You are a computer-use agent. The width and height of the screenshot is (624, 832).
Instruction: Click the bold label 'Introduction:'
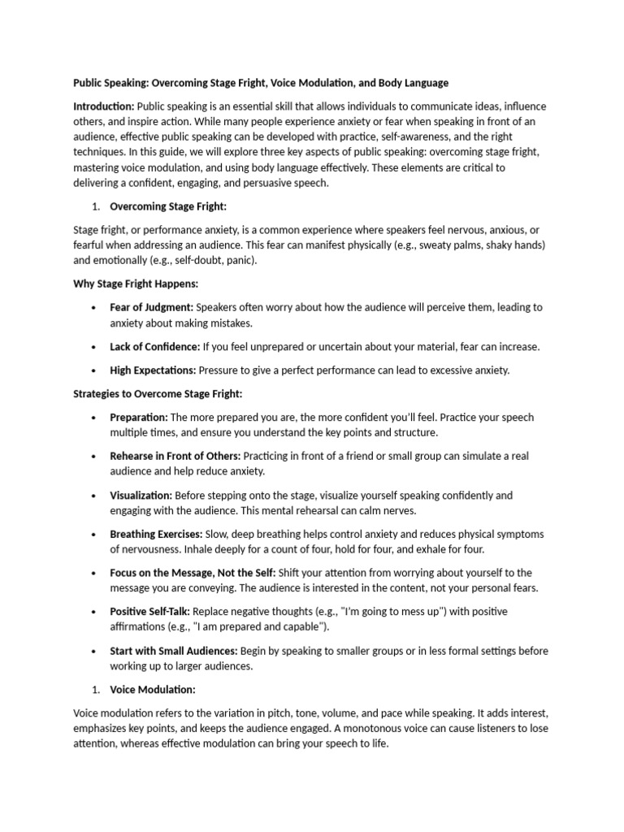click(x=104, y=106)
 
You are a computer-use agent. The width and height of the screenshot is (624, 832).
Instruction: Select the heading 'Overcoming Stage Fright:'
click(x=168, y=206)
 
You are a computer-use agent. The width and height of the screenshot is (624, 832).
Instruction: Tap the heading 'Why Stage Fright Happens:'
click(x=136, y=284)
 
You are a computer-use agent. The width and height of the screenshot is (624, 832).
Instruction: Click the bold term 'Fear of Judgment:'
click(x=152, y=308)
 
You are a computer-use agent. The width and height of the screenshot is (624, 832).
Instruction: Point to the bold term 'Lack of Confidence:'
click(x=155, y=347)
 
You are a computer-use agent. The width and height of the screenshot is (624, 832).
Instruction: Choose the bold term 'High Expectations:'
click(x=153, y=370)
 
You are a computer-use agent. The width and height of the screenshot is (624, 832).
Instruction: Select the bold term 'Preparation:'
click(x=139, y=418)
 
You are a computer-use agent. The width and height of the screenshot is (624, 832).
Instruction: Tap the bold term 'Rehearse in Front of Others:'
click(x=175, y=457)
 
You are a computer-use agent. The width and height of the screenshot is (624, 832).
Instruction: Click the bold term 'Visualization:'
click(x=141, y=496)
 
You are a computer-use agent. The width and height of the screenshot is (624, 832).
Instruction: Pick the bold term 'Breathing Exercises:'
click(x=157, y=535)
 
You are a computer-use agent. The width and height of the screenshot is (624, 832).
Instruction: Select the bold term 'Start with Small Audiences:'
click(x=174, y=651)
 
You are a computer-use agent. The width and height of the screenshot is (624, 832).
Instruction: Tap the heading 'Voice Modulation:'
click(x=153, y=690)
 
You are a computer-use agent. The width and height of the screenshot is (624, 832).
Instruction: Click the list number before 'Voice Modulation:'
click(x=95, y=690)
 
